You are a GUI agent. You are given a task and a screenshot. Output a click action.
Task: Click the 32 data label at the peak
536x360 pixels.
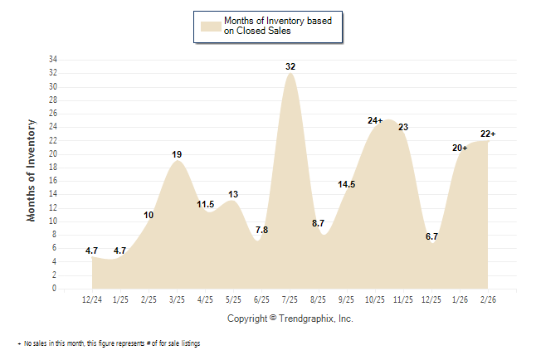(290, 66)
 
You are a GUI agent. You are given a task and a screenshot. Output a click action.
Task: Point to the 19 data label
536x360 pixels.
(177, 154)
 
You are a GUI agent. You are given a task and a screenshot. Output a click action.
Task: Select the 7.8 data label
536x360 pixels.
(261, 230)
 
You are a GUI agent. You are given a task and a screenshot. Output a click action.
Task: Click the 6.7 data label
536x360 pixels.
(431, 236)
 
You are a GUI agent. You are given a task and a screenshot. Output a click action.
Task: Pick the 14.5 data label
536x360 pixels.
(347, 184)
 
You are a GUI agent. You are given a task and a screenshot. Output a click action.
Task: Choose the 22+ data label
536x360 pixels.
(488, 134)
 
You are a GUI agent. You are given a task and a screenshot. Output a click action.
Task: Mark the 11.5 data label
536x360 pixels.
(205, 204)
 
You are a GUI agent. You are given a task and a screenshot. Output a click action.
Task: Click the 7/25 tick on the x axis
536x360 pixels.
(290, 298)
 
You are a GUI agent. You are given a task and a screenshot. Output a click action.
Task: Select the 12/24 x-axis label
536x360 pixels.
(93, 298)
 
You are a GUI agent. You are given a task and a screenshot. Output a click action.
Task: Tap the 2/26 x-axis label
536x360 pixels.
(488, 298)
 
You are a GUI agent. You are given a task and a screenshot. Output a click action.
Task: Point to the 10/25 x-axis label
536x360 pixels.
(375, 298)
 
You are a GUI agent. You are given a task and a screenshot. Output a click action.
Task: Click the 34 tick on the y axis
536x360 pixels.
(52, 60)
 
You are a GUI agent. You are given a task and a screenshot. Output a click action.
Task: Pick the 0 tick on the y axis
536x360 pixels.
(55, 289)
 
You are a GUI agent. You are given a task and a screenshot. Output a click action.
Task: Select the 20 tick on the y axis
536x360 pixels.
(52, 154)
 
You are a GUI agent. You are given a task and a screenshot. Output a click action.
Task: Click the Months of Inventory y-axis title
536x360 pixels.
(32, 170)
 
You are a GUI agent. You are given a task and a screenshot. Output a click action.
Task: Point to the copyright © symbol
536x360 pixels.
(273, 319)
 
